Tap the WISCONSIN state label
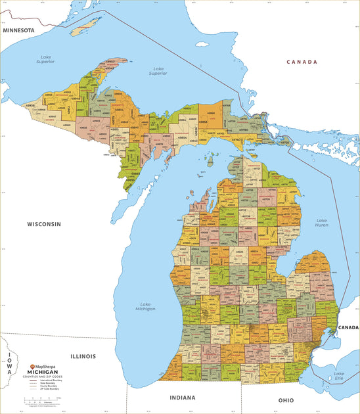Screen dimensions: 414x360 click(44, 224)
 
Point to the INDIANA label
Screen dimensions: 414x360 click(182, 398)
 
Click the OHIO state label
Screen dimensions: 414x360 click(286, 400)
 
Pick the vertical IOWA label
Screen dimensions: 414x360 click(9, 365)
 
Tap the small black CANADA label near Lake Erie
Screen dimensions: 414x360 click(348, 327)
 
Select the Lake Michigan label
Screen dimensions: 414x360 click(146, 306)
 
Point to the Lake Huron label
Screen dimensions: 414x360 click(322, 223)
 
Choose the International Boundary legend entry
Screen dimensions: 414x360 click(49, 380)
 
